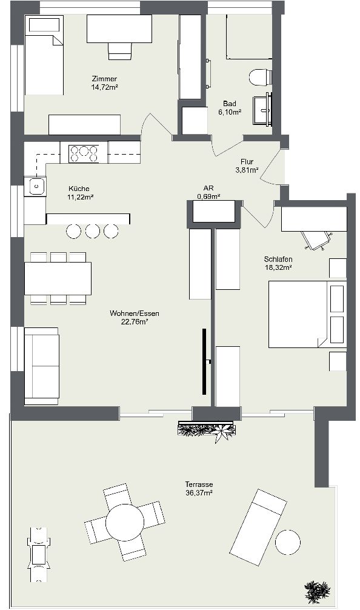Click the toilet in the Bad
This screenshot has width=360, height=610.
[x=260, y=77]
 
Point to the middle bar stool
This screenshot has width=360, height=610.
[x=92, y=230]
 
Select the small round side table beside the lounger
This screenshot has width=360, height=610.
[x=287, y=541]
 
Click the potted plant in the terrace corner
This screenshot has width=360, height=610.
[x=318, y=591]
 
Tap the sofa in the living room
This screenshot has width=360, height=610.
[x=41, y=366]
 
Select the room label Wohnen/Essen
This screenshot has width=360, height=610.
[x=135, y=313]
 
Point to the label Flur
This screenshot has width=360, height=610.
[x=247, y=162]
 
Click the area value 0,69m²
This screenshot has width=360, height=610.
[x=208, y=196]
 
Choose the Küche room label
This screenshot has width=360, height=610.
[x=79, y=189]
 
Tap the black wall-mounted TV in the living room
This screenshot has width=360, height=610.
[x=205, y=362]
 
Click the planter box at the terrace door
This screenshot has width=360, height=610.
[x=206, y=431]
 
